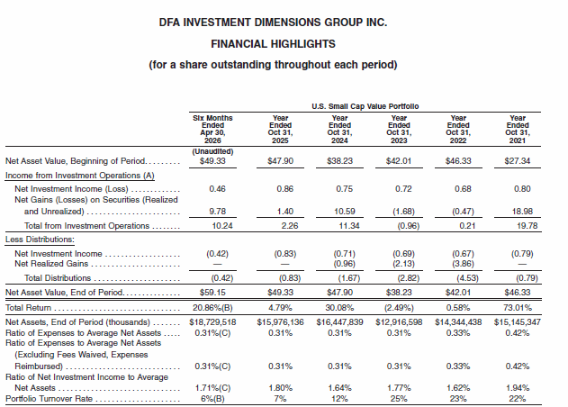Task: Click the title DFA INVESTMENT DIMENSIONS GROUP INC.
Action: click(273, 23)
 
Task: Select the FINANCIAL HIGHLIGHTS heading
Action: click(273, 44)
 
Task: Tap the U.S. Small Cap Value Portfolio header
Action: click(365, 106)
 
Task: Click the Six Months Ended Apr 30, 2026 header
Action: click(212, 129)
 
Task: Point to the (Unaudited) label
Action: click(212, 151)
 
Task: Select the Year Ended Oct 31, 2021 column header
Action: click(518, 129)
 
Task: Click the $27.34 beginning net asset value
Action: click(518, 160)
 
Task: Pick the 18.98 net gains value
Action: click(522, 211)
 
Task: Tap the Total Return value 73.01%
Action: click(518, 308)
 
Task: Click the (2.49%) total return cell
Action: click(399, 308)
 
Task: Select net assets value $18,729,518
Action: click(212, 321)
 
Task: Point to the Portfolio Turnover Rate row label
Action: click(49, 399)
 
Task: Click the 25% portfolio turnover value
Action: click(399, 399)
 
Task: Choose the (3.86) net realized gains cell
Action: click(463, 264)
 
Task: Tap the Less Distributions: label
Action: click(40, 240)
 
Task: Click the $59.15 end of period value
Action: click(212, 292)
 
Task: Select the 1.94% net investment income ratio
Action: click(518, 388)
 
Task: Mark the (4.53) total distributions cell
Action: click(467, 278)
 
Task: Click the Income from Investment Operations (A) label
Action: click(80, 176)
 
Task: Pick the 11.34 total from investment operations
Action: click(349, 225)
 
